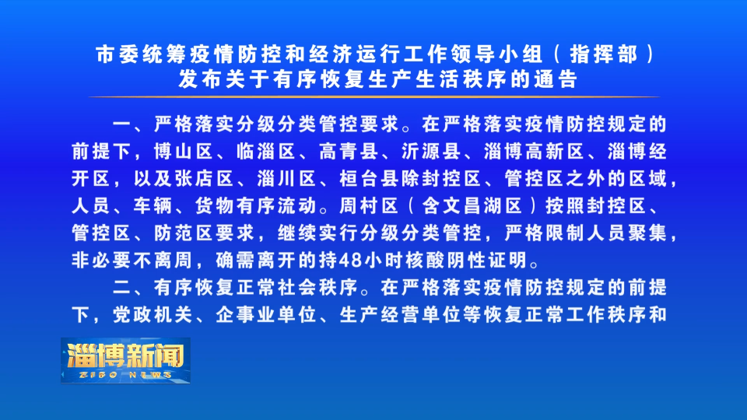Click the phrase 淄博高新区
534,152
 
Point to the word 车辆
153,206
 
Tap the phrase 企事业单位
266,315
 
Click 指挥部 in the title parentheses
604,54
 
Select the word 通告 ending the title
556,79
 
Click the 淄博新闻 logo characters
125,355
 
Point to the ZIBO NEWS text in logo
125,375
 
